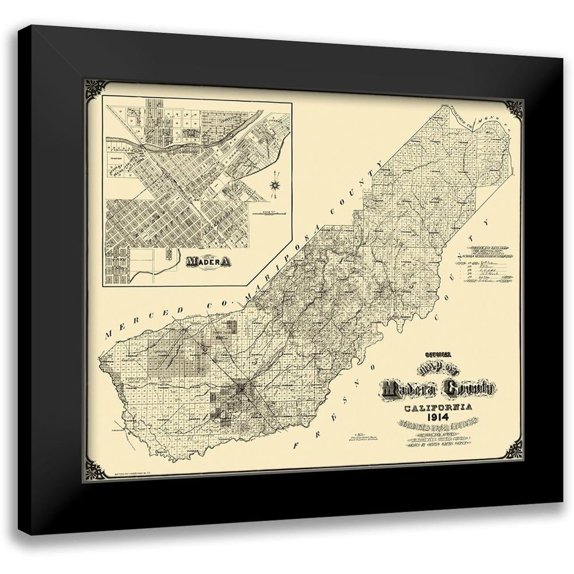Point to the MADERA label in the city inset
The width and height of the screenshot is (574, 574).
(x=208, y=261)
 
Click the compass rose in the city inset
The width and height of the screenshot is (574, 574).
(x=275, y=184)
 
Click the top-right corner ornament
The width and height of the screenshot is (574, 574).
(x=512, y=109)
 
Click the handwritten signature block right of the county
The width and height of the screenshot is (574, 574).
(x=484, y=264)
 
